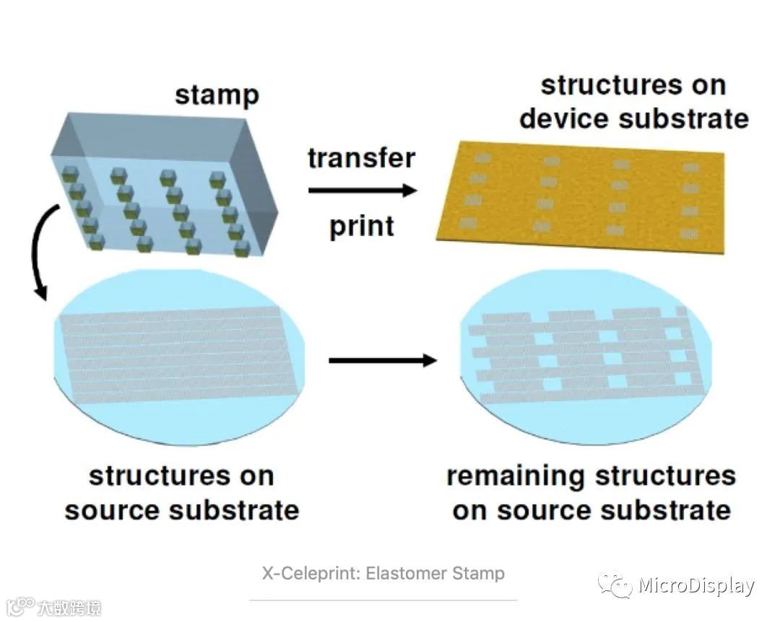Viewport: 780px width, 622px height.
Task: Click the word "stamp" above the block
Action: [x=216, y=95]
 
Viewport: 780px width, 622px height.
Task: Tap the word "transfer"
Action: [x=361, y=158]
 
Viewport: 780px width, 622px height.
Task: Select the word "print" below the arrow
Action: [x=362, y=227]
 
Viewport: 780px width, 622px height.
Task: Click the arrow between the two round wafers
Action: [x=383, y=359]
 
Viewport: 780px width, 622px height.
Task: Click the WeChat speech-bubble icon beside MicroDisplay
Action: [x=615, y=586]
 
